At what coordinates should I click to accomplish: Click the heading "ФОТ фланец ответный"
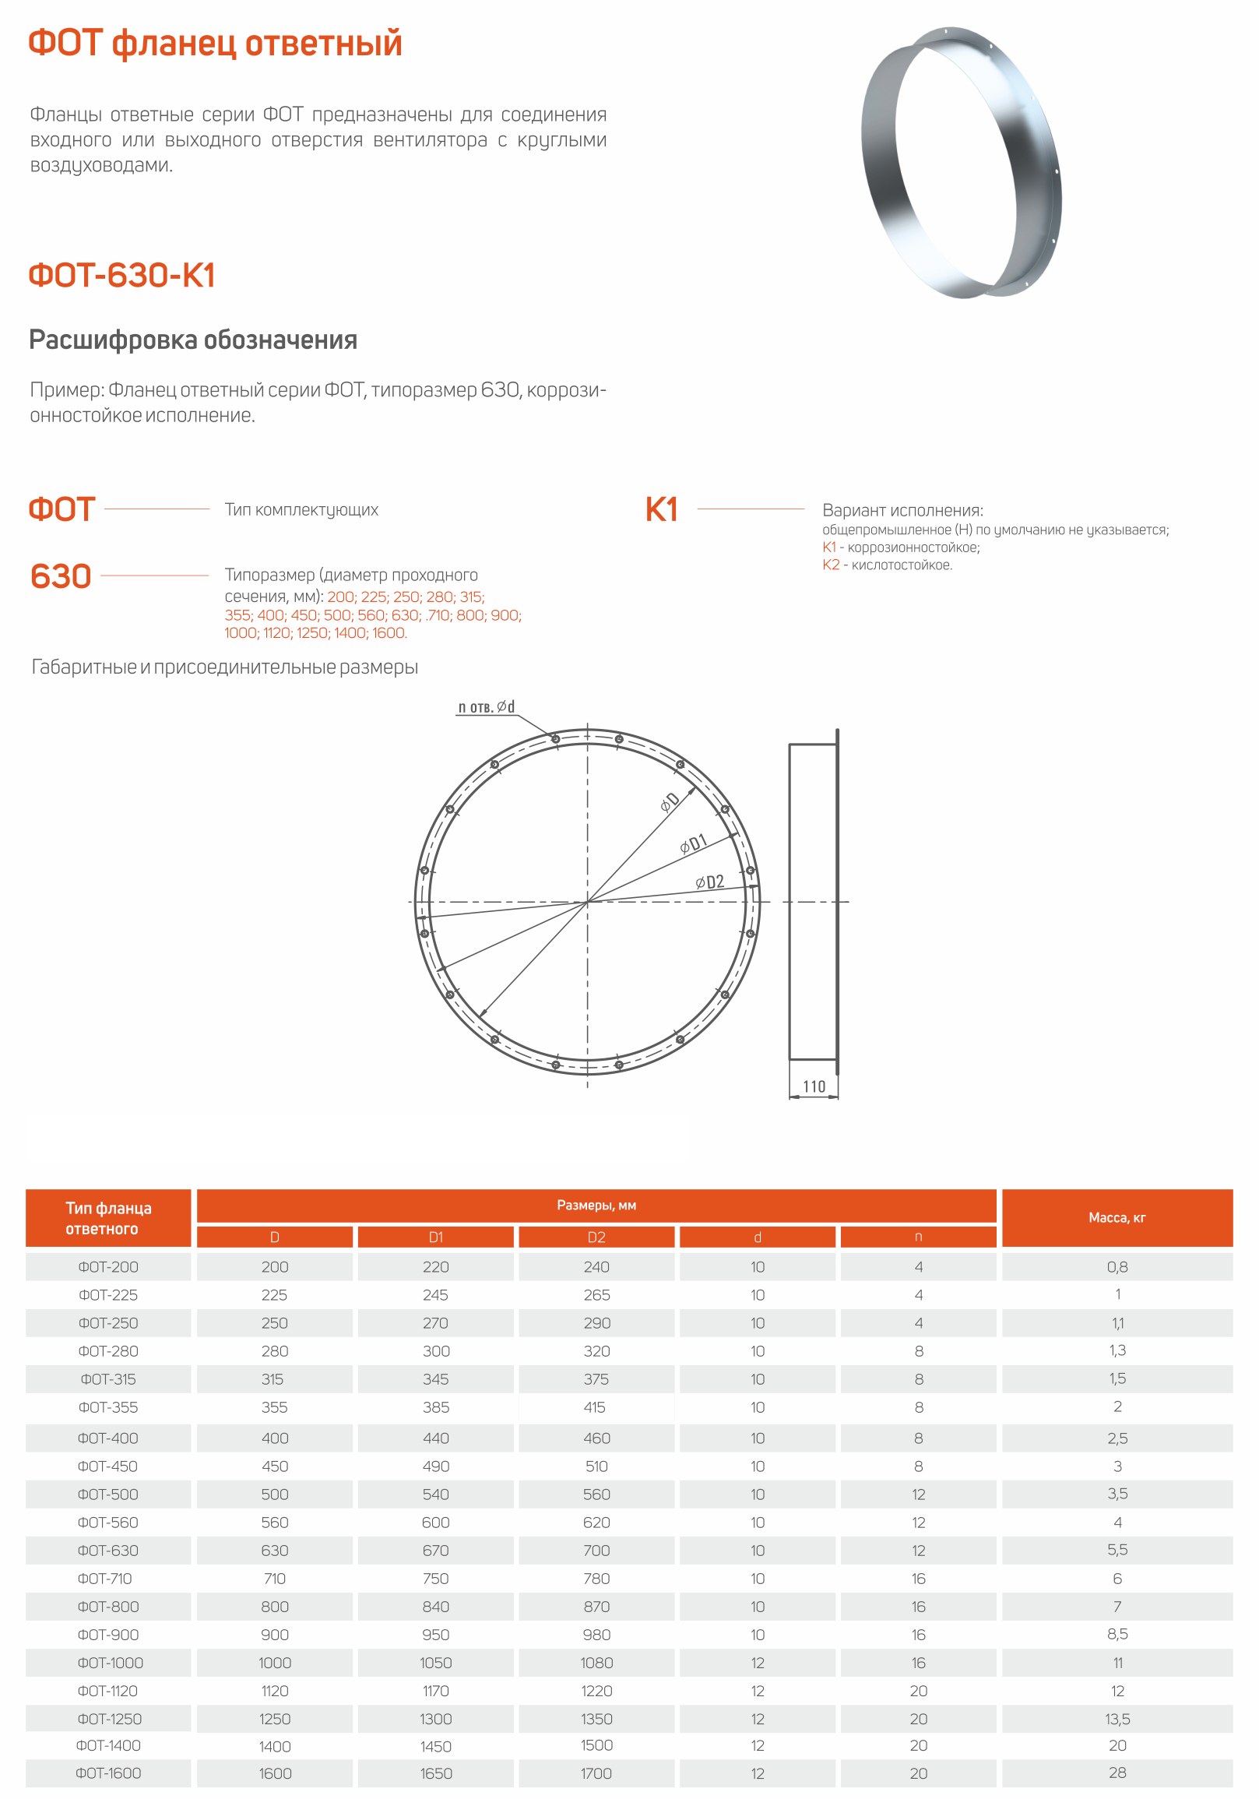tap(215, 43)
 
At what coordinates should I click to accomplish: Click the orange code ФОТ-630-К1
tap(121, 275)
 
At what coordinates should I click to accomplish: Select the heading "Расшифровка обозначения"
tap(193, 340)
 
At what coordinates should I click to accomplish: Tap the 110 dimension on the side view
tap(814, 1086)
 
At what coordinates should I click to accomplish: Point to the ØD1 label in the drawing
tap(695, 843)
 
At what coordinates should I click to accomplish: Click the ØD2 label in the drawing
tap(710, 882)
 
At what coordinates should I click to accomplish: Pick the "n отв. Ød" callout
tap(487, 707)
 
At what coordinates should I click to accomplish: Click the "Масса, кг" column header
tap(1117, 1217)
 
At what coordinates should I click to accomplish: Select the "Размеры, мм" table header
tap(596, 1205)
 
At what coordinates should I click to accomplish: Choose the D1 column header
tap(435, 1237)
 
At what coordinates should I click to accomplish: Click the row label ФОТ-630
tap(108, 1551)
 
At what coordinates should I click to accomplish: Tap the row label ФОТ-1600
tap(108, 1773)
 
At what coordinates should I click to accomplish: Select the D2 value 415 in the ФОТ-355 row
tap(595, 1407)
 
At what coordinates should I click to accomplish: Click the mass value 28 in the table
tap(1118, 1773)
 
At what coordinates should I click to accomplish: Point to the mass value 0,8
tap(1118, 1267)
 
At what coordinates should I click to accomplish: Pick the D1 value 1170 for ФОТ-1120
tap(435, 1691)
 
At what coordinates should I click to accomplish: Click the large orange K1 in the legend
tap(661, 509)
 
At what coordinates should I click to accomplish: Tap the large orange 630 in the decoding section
tap(61, 576)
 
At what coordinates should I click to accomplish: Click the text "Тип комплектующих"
tap(301, 510)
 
